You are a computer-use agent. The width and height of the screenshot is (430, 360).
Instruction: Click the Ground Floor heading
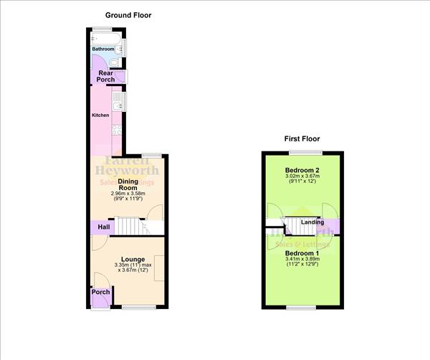(128, 15)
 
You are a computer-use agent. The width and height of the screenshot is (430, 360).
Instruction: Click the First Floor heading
(300, 139)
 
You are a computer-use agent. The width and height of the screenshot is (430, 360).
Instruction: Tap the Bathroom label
(103, 49)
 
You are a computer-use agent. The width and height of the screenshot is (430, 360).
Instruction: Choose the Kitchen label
(100, 115)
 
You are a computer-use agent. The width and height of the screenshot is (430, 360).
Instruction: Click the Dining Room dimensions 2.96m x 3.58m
(128, 194)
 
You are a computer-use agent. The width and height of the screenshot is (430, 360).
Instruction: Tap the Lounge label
(133, 260)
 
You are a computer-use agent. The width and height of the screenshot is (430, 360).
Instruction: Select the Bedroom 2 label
(302, 170)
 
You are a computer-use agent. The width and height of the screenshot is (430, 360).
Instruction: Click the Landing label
(312, 222)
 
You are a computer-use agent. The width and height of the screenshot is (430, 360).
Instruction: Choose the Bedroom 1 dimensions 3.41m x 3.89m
(302, 262)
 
